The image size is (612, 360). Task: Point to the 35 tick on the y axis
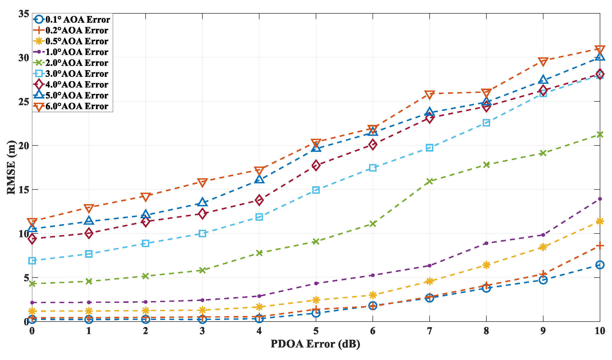point(24,14)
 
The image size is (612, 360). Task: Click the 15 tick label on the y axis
point(24,190)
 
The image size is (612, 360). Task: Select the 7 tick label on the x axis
point(429,331)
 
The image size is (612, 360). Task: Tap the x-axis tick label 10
point(600,331)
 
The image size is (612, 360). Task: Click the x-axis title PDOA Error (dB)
point(315,344)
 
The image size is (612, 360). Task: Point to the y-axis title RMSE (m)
point(11,167)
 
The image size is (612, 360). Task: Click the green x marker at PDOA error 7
point(430,181)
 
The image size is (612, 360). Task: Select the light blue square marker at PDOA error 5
point(316,190)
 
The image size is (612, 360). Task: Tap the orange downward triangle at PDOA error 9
point(543,62)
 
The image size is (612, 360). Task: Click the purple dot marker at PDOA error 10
point(600,199)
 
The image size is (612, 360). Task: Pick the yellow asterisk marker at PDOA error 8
point(486,265)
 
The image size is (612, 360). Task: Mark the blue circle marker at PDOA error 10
point(600,265)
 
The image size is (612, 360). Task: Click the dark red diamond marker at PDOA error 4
point(259,200)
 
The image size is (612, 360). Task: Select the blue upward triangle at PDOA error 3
point(202,202)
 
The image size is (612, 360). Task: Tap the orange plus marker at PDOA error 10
point(600,246)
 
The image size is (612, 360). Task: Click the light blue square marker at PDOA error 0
point(32,261)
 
